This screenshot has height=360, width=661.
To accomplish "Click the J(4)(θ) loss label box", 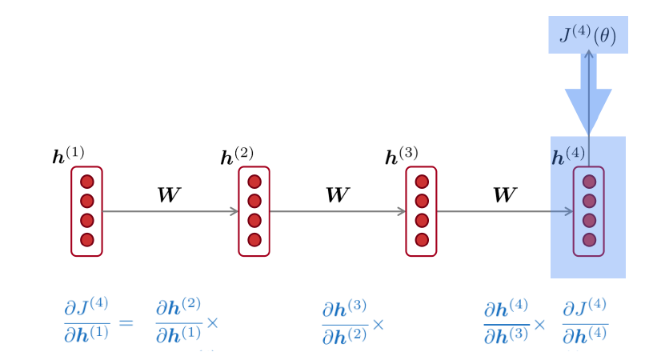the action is pos(588,34).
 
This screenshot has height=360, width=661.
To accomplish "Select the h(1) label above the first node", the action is pos(68,155).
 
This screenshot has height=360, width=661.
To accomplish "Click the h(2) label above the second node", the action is pos(237,155).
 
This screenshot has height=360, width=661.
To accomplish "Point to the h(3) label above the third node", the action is pos(402,155).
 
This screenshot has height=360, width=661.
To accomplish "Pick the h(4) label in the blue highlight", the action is pos(568,155).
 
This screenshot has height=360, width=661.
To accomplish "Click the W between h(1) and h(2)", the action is pos(169,194).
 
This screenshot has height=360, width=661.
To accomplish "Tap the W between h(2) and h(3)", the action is pos(338,194).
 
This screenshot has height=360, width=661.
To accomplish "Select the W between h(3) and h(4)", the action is pos(505,194).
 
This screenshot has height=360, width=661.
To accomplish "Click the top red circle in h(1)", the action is pos(87,182).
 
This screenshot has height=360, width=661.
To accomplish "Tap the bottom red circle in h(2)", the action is pos(254,240).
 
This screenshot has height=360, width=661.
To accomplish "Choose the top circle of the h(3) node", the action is pos(422,182).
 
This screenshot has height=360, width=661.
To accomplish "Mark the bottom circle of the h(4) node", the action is pos(589,240).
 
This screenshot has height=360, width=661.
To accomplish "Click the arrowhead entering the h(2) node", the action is pos(234,211).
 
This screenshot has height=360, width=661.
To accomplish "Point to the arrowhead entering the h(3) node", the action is pos(402,211).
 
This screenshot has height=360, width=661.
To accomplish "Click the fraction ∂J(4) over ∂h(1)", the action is pos(87,320).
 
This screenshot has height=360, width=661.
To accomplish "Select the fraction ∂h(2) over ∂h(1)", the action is pos(178,320).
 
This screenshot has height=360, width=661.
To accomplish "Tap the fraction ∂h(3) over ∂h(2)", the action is pos(345,322).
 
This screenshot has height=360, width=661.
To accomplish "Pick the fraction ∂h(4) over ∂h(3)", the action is pos(507,322).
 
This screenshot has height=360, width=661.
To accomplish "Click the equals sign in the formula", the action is pos(126,323).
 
